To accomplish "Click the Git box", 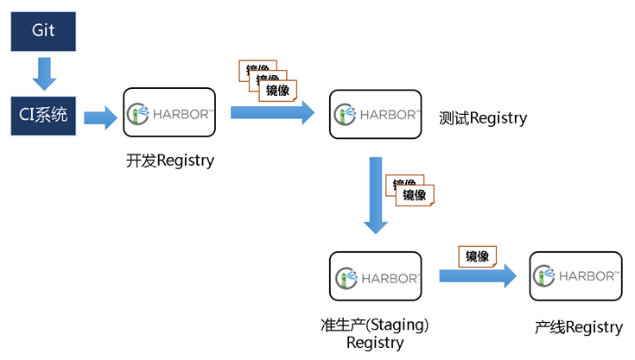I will click(x=44, y=30).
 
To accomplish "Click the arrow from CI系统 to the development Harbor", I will click(x=100, y=117).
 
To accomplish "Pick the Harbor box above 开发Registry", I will click(x=169, y=112).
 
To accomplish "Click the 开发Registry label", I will click(x=169, y=161).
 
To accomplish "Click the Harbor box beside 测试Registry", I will click(x=375, y=113).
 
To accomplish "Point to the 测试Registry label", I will click(x=483, y=118).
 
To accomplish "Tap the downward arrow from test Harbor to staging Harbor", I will click(x=375, y=195).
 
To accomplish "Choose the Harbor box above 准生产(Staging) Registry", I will click(x=375, y=277).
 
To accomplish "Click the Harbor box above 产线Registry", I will click(x=576, y=276).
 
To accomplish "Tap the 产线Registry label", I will click(x=578, y=327).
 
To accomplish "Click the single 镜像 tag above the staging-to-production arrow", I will click(x=478, y=256).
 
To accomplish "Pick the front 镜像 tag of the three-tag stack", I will click(x=277, y=90).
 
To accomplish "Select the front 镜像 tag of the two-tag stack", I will click(x=415, y=195).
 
